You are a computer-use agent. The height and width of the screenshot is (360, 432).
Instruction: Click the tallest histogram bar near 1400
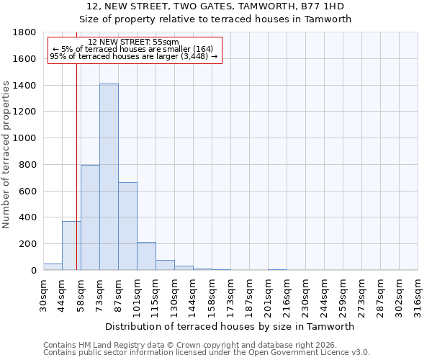(109, 177)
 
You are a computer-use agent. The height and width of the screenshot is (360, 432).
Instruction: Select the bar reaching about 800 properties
(90, 217)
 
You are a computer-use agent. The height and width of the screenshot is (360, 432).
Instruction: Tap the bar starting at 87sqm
(127, 226)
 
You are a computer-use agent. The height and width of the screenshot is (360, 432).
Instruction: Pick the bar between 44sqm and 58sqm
(71, 246)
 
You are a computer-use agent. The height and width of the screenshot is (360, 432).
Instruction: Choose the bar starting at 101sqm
(146, 256)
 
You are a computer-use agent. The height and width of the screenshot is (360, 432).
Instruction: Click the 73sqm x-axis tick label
(99, 291)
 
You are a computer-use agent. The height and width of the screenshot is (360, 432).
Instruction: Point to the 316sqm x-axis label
(418, 292)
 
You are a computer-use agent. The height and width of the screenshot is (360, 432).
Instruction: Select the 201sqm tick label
(268, 292)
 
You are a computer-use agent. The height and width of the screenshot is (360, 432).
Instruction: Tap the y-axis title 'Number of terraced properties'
(6, 155)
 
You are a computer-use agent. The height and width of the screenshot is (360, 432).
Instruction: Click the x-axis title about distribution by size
(230, 326)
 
